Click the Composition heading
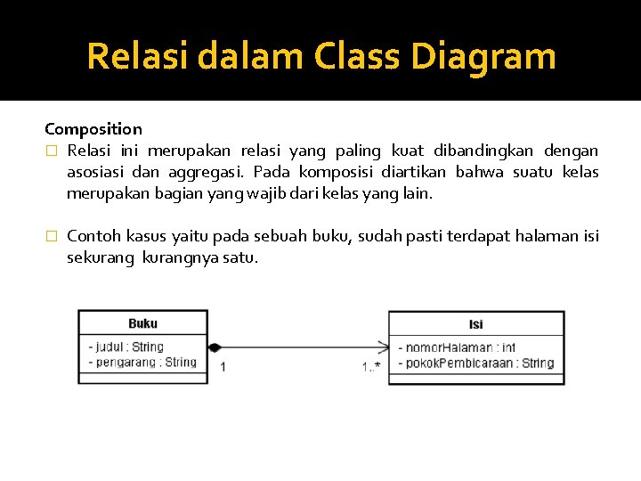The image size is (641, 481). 93,129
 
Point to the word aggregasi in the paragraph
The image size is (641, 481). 211,172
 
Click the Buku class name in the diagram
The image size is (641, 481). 143,323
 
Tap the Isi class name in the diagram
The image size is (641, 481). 476,324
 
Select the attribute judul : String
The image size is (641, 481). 126,346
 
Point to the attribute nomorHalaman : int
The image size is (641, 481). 456,347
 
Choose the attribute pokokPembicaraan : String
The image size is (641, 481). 475,363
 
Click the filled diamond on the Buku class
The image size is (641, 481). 215,347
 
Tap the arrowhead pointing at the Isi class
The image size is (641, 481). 383,347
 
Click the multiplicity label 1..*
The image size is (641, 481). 371,366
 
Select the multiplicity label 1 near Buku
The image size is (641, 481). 223,366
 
